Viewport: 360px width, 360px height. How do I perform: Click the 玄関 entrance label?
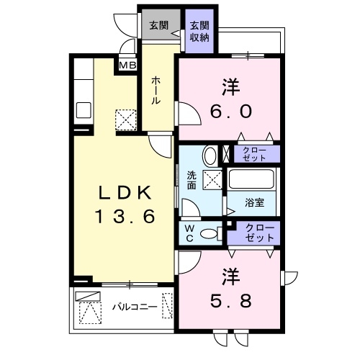coord(159,24)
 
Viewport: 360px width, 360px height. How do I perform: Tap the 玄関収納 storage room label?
coord(198,32)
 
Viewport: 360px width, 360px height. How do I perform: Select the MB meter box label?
coord(127,66)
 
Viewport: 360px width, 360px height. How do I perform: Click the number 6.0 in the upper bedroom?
coord(230,112)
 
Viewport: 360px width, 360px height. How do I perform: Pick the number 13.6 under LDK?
coord(124,216)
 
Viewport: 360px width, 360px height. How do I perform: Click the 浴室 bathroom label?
coord(253,202)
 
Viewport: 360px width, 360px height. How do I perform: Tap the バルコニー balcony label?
coord(134,307)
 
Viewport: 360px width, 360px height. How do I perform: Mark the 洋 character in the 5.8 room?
coord(230,275)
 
